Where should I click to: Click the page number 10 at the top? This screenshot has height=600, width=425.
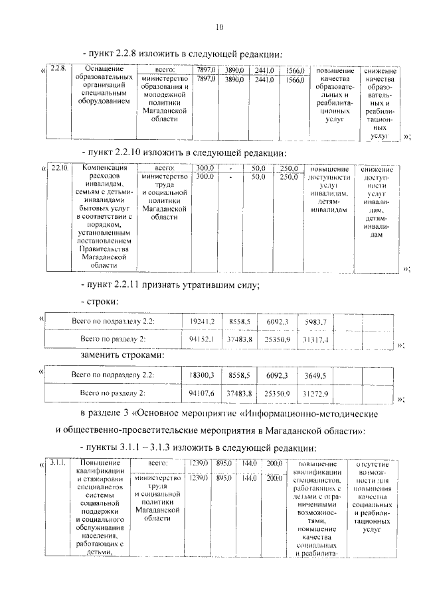click(x=220, y=27)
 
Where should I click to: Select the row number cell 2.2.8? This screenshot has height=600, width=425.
click(x=59, y=69)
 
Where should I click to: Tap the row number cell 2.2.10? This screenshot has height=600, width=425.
click(x=60, y=168)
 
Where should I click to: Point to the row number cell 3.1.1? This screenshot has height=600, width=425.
click(x=58, y=461)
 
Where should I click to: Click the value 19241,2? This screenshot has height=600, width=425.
click(x=202, y=322)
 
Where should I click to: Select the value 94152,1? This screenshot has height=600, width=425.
click(x=202, y=339)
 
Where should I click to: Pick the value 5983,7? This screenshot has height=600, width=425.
click(x=315, y=322)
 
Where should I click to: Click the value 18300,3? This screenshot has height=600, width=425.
click(x=202, y=375)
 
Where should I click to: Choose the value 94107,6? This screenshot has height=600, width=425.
click(x=202, y=393)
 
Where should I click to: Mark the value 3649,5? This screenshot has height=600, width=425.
click(x=315, y=375)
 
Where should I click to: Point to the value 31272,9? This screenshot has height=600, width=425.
click(x=315, y=393)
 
